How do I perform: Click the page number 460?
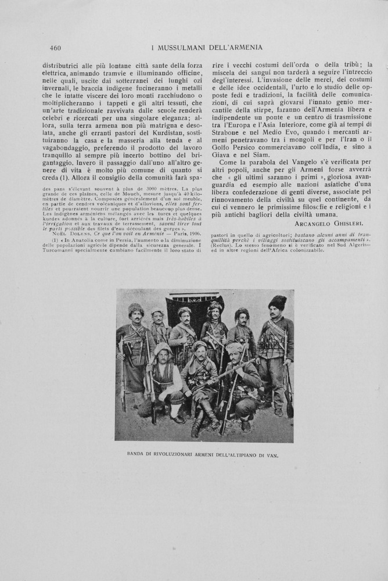(56, 48)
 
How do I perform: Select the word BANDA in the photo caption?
(137, 456)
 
